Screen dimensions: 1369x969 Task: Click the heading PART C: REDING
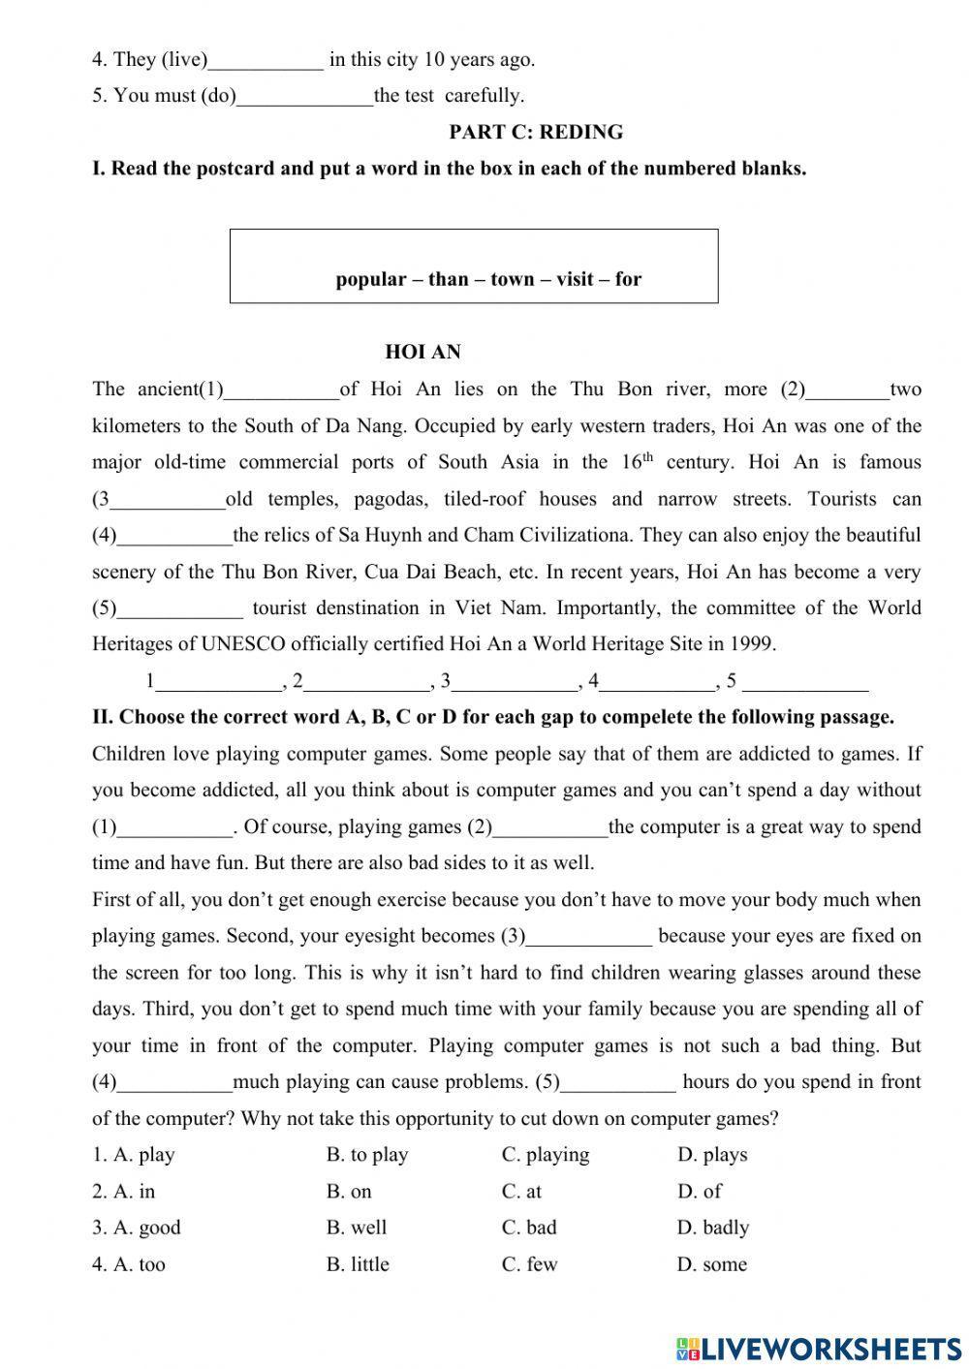tap(536, 132)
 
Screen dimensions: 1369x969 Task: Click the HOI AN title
tap(422, 352)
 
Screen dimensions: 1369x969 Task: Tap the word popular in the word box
tap(370, 279)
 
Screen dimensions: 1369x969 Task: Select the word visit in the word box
tap(575, 279)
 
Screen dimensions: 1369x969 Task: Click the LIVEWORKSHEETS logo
tap(819, 1348)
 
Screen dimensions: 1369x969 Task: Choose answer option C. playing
tap(546, 1155)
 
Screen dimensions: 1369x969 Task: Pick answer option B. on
tap(349, 1192)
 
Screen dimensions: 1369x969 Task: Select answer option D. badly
tap(713, 1228)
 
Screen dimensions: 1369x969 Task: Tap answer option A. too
tap(129, 1264)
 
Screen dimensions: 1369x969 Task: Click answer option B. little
tap(358, 1264)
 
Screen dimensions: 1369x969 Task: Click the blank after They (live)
tap(266, 62)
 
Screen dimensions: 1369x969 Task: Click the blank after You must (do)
tap(304, 98)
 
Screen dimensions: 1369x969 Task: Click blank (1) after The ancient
tap(281, 392)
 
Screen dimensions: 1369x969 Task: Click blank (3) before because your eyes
tap(589, 939)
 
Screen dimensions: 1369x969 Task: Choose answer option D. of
tap(700, 1192)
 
